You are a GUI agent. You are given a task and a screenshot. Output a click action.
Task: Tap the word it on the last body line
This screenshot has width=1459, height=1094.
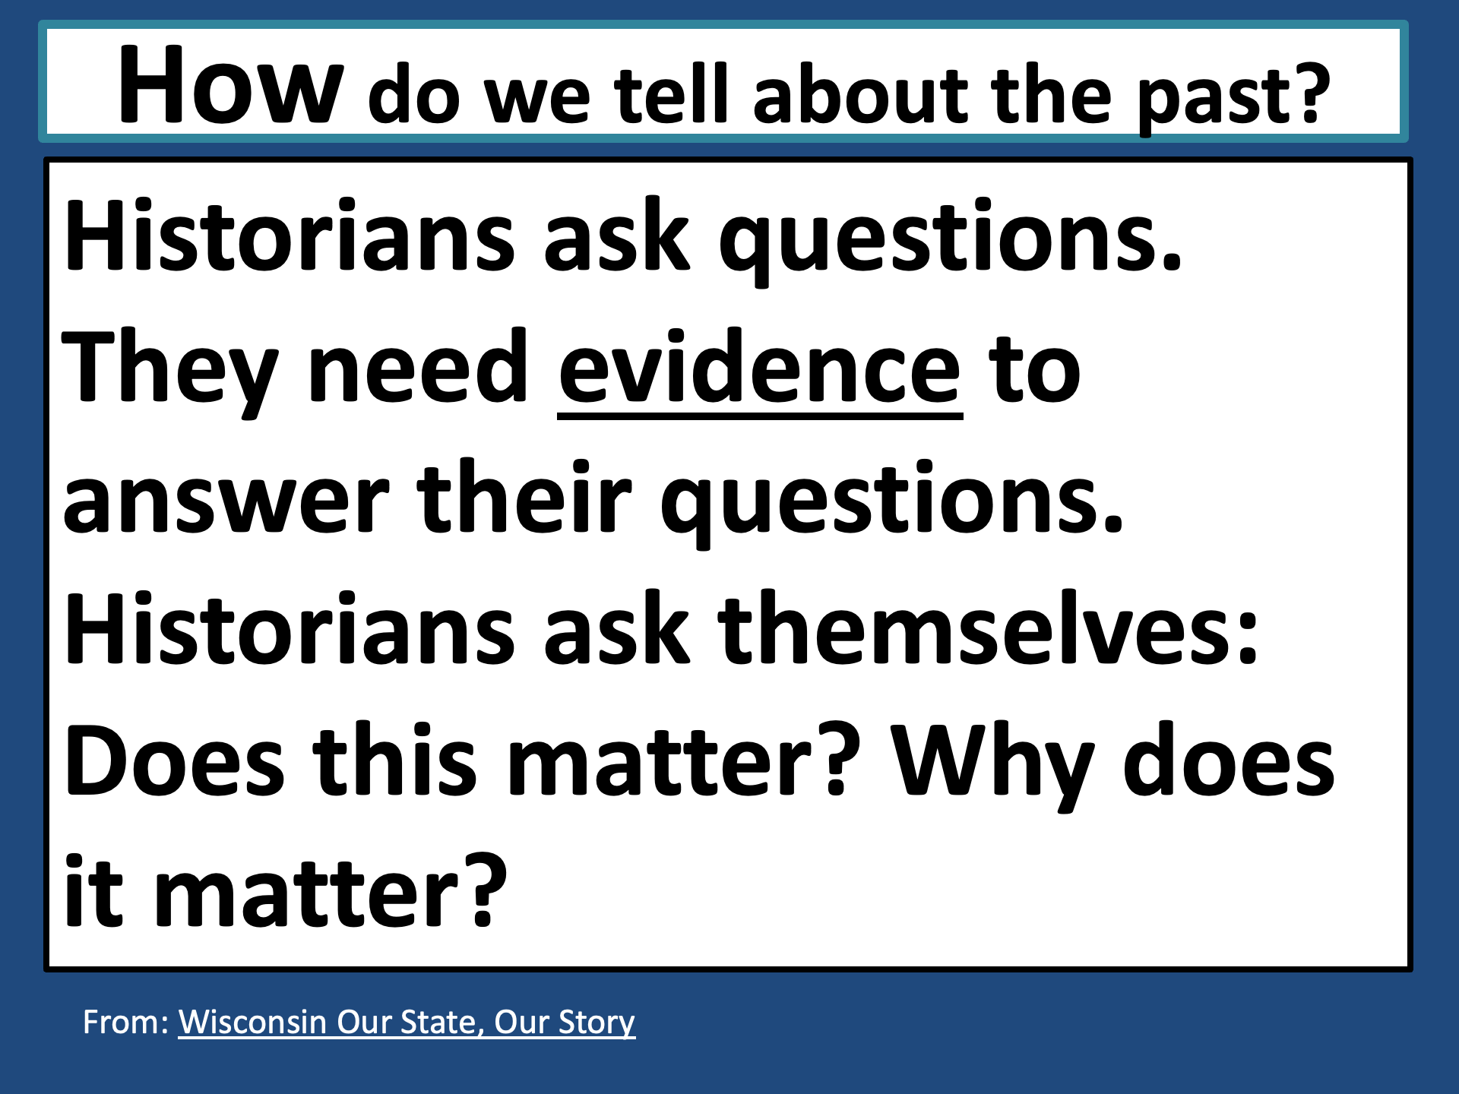93,890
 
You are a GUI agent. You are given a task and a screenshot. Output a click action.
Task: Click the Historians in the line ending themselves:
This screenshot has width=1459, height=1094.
290,628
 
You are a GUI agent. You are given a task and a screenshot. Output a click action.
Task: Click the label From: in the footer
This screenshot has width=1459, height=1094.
125,1022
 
